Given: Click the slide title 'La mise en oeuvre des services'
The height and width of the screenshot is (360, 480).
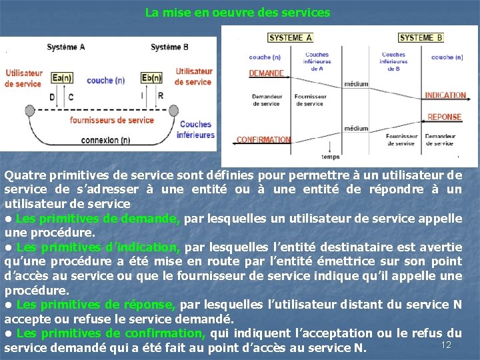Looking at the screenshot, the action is [x=237, y=13].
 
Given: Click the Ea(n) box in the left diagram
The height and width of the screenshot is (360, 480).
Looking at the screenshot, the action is [x=61, y=79].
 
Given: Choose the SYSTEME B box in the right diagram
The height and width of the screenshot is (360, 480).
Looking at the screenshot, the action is [x=421, y=38].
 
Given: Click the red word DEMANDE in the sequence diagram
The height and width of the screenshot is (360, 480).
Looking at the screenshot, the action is [x=266, y=73].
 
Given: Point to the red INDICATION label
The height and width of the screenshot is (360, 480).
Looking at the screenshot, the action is [x=445, y=95].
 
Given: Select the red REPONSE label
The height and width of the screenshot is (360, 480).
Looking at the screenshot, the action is [x=444, y=117].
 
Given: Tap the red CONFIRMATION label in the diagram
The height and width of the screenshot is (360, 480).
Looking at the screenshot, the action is [x=263, y=140].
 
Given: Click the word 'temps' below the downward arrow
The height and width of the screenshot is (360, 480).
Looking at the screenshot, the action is [x=331, y=157].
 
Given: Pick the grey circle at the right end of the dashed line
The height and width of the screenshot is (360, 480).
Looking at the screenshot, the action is [x=173, y=110].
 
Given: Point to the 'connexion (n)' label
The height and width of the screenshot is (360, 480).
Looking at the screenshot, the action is [x=105, y=141].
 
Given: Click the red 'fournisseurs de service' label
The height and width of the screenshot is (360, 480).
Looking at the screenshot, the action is [x=112, y=121].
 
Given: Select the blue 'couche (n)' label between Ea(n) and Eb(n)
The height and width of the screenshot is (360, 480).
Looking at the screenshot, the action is [x=106, y=81].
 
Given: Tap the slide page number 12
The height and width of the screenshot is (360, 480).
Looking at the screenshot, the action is [x=447, y=344].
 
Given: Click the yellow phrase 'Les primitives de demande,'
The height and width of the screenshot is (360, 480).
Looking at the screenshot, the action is [x=98, y=219].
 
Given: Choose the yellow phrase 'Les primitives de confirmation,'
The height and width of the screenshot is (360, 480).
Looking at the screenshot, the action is [x=111, y=333].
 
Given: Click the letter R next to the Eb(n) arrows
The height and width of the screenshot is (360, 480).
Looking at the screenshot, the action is [x=161, y=96].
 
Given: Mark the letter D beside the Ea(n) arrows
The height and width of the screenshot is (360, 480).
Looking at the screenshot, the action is [x=53, y=97].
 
